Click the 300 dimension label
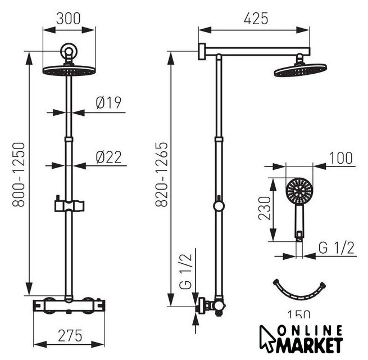tap(69, 19)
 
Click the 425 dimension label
tap(256, 19)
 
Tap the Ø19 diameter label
tap(108, 102)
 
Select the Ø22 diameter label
tap(109, 157)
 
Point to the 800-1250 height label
tap(19, 174)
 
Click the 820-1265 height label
tap(162, 174)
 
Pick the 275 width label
tap(70, 336)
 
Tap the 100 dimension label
tap(341, 158)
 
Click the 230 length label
tap(265, 208)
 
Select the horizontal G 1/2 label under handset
tap(337, 247)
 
